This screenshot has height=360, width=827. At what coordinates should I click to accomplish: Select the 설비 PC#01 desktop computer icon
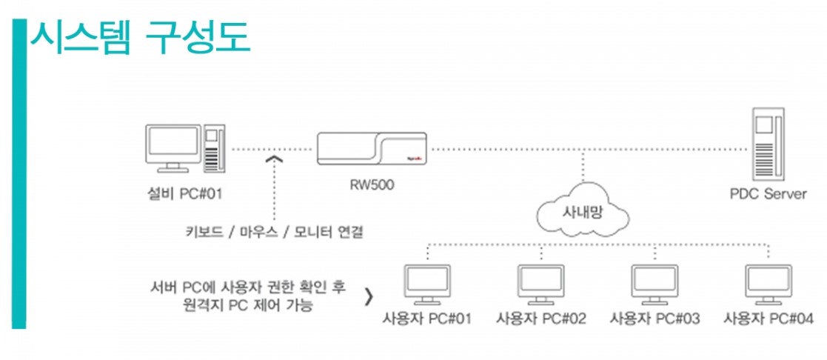click(184, 148)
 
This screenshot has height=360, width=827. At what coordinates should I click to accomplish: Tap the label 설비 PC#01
click(185, 195)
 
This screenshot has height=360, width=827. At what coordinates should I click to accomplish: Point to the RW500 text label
click(372, 185)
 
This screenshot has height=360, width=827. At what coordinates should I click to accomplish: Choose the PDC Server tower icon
click(766, 143)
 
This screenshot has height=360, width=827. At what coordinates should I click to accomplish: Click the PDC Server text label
click(768, 195)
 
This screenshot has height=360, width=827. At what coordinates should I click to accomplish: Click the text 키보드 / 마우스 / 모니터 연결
click(275, 232)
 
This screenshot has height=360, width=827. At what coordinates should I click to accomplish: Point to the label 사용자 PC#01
click(427, 319)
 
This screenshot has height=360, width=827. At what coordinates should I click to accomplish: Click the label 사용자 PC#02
click(541, 319)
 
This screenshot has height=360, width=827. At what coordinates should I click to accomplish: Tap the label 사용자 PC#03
click(654, 319)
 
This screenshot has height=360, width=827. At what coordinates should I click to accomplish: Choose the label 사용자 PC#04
click(769, 319)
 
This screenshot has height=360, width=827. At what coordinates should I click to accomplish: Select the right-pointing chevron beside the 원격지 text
click(369, 296)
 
